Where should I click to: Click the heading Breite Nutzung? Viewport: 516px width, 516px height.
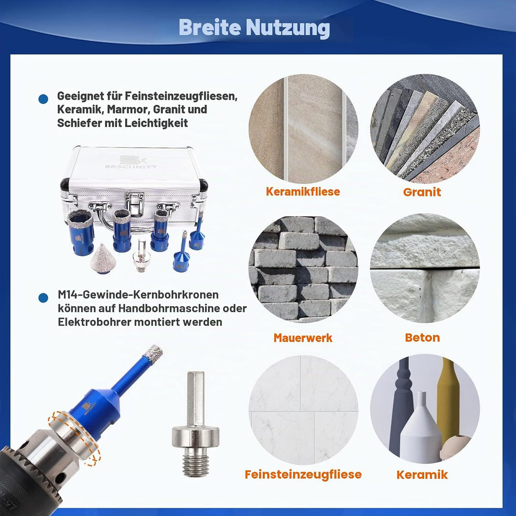(x=254, y=28)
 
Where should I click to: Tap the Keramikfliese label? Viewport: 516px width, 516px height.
(x=303, y=192)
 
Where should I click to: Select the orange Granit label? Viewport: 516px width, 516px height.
(x=422, y=192)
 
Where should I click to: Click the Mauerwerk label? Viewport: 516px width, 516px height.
(x=303, y=338)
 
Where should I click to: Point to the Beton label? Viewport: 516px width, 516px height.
(x=422, y=337)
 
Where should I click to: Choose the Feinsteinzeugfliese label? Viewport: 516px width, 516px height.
(x=303, y=474)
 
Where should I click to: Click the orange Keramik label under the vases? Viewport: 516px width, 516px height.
(x=422, y=474)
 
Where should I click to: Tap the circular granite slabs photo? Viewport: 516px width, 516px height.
(x=425, y=129)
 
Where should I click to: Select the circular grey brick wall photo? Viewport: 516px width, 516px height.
(x=303, y=269)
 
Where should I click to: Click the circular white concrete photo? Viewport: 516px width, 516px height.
(x=425, y=268)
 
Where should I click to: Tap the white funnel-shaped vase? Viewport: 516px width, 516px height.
(x=421, y=428)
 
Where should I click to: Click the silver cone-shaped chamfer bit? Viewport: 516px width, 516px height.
(x=103, y=258)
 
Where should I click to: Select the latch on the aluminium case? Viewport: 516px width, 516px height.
(x=135, y=204)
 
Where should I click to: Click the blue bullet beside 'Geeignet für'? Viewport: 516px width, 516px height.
(x=43, y=99)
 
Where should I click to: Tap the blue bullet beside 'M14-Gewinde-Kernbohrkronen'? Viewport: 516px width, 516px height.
(x=43, y=298)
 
